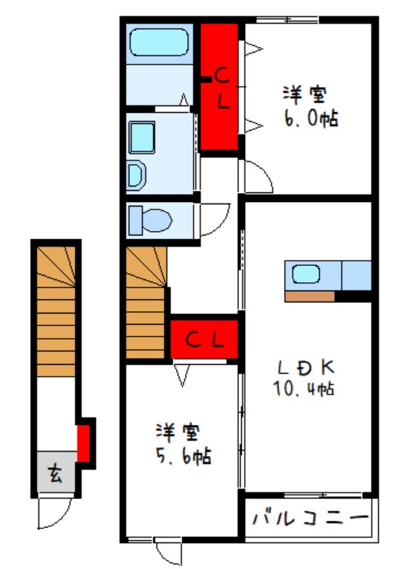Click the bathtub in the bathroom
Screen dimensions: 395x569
pos(159,42)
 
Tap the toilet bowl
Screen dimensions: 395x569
pos(157,220)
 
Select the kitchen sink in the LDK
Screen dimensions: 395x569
pos(306,274)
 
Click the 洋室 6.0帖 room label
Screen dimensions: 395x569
pos(310,106)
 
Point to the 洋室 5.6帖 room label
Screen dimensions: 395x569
pos(183,444)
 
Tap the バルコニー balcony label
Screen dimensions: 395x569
pos(310,518)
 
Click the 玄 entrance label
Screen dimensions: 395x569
pos(55,473)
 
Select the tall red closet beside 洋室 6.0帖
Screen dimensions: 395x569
pos(219,87)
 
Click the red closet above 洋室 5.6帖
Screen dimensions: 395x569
pos(204,339)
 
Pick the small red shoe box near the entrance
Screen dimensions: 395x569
pos(83,443)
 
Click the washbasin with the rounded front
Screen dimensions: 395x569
pos(136,175)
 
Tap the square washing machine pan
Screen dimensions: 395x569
pos(142,137)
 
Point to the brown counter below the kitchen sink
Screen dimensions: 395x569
pos(310,296)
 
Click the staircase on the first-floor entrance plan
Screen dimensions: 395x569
pos(56,312)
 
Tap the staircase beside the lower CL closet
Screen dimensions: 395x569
pos(146,302)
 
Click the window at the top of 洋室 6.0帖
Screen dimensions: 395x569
pos(287,20)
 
